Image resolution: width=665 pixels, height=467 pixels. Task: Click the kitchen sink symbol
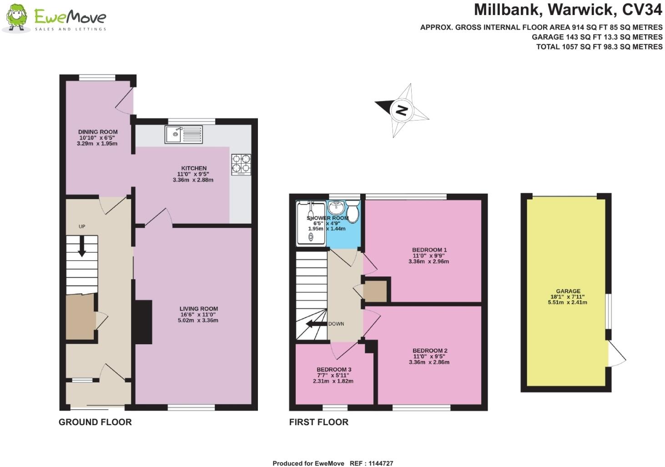[184, 135]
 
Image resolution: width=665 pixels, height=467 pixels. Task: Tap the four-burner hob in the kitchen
[241, 165]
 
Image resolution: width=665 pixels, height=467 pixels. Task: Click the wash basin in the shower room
[336, 208]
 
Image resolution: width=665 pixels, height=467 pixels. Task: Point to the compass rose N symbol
[401, 110]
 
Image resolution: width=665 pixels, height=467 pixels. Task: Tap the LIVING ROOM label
[199, 309]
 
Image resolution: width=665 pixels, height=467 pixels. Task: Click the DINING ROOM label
[97, 132]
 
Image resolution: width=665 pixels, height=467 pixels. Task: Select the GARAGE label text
[568, 291]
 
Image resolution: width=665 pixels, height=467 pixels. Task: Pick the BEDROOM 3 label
[334, 370]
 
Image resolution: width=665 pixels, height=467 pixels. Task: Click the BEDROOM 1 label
[429, 250]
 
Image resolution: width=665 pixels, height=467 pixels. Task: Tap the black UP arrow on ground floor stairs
[82, 246]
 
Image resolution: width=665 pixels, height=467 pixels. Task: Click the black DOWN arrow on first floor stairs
[313, 324]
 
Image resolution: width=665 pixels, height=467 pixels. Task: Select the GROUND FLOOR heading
[95, 422]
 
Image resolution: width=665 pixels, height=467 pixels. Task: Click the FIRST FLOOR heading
[318, 422]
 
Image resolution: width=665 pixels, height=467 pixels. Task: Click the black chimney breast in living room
[143, 322]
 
